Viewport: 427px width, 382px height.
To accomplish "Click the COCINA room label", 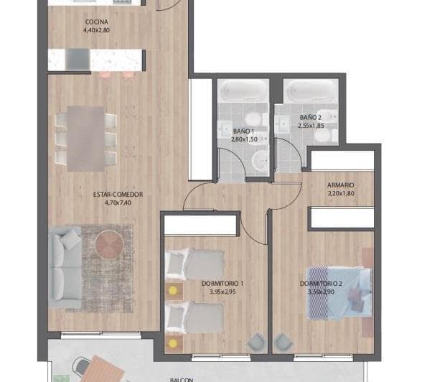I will [95, 22].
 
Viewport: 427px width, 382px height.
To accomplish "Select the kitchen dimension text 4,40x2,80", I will [95, 31].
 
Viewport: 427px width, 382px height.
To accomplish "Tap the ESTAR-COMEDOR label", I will [118, 194].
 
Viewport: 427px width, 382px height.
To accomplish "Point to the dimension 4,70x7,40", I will [118, 202].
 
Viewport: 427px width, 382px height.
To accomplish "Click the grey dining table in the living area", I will [86, 138].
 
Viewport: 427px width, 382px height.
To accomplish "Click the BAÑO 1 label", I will [243, 131].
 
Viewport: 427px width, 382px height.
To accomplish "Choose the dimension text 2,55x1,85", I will [311, 126].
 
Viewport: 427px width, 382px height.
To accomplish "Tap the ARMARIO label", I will [340, 185].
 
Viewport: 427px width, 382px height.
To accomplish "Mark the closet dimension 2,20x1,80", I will [340, 193].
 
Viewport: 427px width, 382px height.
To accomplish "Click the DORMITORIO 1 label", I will [222, 284].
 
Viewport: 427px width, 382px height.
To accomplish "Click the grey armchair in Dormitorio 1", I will [255, 344].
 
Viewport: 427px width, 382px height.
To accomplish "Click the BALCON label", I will [182, 378].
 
